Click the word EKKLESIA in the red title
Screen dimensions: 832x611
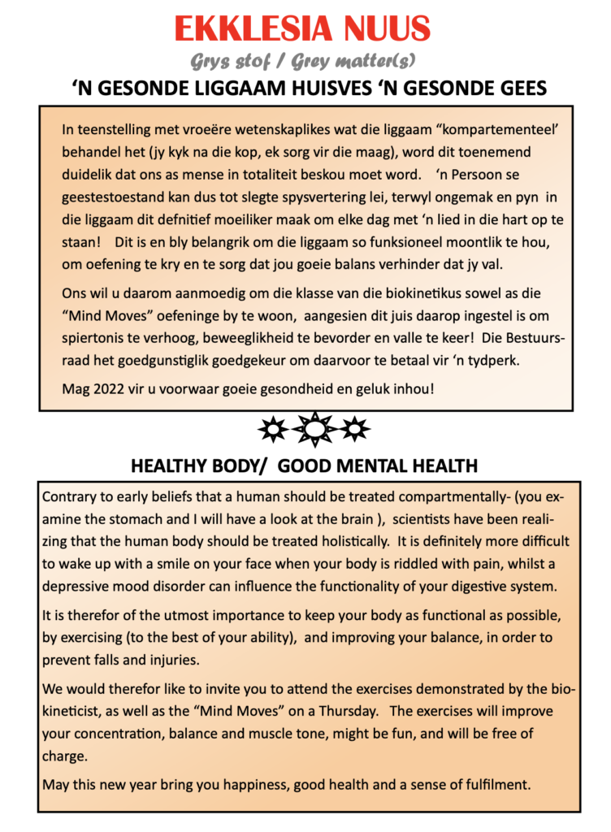coord(251,30)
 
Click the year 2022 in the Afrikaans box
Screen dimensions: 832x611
coord(105,388)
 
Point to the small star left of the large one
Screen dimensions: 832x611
coord(271,428)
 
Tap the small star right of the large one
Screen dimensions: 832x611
coord(354,428)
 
